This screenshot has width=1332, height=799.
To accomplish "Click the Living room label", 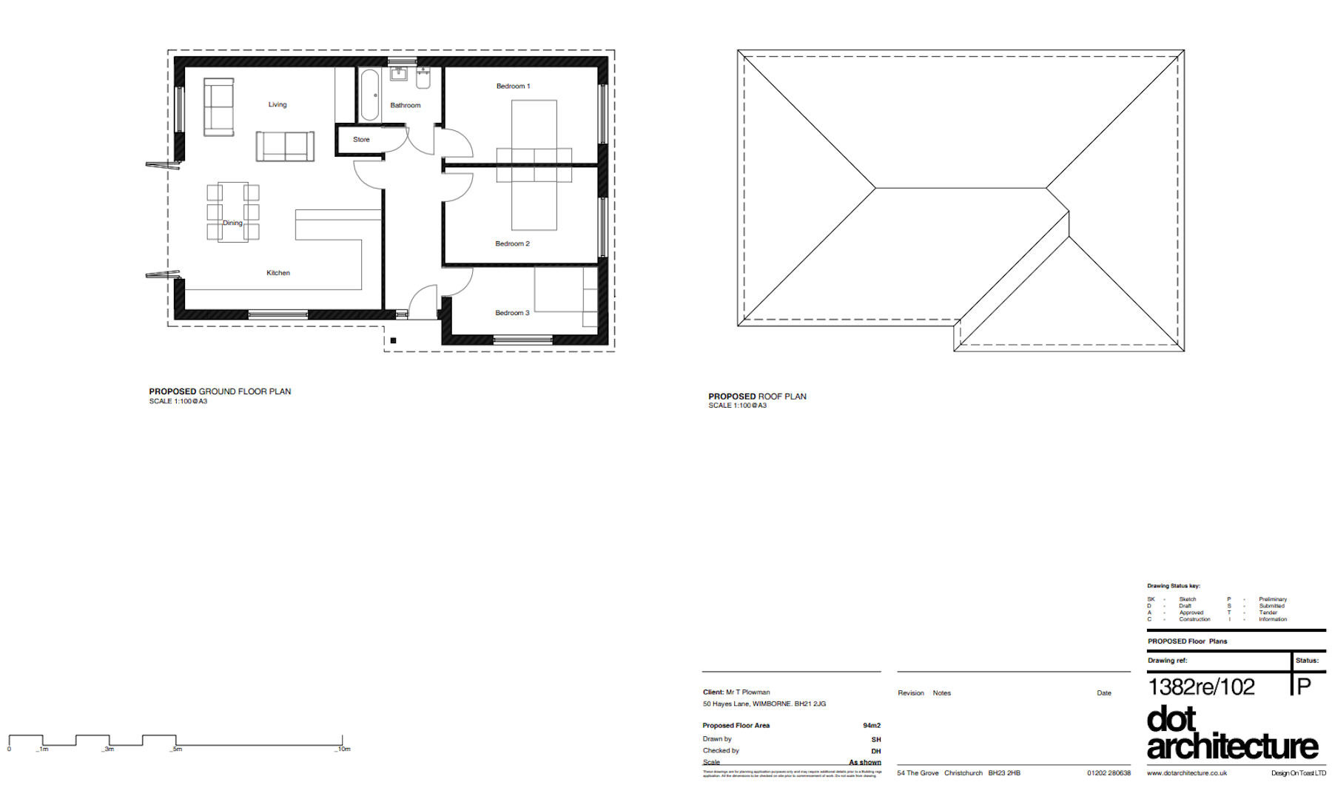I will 277,105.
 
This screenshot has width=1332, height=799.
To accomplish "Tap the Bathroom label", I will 405,106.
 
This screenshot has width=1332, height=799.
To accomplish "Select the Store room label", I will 361,140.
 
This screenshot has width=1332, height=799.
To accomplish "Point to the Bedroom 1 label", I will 513,87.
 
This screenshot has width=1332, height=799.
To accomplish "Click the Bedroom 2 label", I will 512,244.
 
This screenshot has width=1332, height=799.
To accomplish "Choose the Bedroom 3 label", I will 512,313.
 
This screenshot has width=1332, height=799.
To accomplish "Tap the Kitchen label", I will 278,273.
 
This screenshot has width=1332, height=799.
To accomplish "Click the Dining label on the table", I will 232,223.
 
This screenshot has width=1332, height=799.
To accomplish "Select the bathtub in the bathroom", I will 370,95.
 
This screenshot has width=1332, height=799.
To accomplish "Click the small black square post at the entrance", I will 393,341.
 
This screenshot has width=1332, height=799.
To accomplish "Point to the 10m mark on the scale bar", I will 343,749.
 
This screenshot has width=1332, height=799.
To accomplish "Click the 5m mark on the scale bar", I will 176,749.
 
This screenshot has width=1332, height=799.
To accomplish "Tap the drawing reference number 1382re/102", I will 1201,687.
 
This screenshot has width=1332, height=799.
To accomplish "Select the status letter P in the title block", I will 1304,687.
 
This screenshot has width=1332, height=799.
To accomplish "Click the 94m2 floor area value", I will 871,726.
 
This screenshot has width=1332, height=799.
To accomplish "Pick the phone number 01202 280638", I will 1109,773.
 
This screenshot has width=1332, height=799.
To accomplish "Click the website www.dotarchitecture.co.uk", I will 1186,773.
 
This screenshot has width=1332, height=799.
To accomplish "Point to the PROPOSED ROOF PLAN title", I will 757,397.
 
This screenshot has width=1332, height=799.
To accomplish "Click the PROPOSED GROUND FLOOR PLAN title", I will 220,392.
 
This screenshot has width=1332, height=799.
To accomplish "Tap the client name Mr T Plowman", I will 747,692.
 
